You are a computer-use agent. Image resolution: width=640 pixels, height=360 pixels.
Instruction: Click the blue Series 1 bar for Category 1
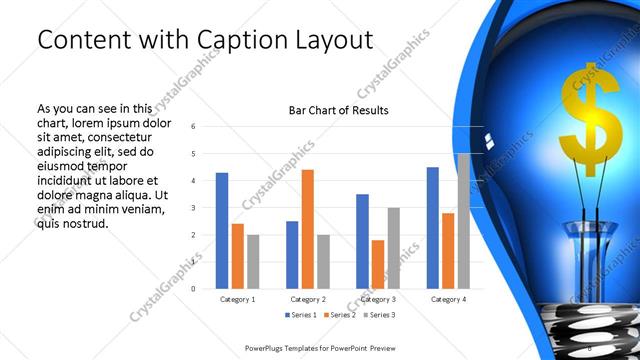[x=221, y=231]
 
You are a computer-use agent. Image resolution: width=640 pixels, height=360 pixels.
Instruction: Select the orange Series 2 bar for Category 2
[x=307, y=229]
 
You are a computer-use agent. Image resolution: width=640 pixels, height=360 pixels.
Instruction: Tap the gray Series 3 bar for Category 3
[x=393, y=248]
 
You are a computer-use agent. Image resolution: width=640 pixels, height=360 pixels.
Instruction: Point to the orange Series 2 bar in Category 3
[x=377, y=264]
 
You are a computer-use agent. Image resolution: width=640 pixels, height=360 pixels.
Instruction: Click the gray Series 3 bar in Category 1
[x=252, y=261]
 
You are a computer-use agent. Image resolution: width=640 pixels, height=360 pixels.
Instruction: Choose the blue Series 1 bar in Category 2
[x=292, y=254]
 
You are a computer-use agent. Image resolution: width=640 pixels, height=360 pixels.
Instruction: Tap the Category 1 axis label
[x=237, y=299]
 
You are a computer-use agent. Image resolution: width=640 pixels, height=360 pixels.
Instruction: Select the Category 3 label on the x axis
[x=377, y=299]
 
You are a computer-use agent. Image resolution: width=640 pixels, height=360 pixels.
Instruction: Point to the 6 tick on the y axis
[x=192, y=126]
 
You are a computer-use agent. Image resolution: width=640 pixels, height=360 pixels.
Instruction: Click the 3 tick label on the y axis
[x=192, y=207]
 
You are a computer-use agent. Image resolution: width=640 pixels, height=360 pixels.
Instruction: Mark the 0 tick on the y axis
[x=192, y=288]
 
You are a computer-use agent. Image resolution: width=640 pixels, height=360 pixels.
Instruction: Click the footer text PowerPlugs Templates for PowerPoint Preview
[x=320, y=348]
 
